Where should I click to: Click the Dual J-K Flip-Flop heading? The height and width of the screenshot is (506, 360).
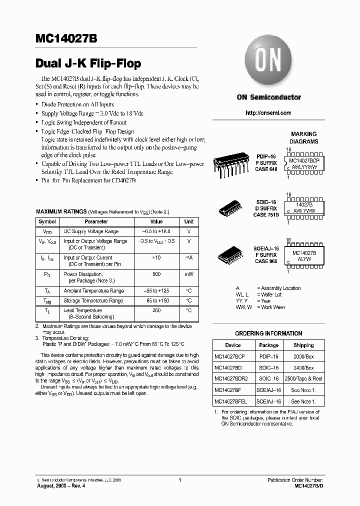tap(88, 63)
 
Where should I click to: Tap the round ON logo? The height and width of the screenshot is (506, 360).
tap(268, 61)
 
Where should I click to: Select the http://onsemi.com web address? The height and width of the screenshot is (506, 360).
tap(268, 113)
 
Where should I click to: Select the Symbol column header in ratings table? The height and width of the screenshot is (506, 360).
tap(47, 221)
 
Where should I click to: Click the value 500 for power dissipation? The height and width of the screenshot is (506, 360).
tap(156, 274)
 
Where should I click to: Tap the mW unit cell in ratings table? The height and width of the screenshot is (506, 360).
tap(189, 274)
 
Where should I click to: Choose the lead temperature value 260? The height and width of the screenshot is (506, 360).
tap(156, 310)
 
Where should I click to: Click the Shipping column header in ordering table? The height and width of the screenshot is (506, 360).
tap(303, 345)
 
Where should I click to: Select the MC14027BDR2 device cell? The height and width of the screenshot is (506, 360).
tap(233, 379)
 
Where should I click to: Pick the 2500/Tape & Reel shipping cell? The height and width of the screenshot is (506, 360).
tap(303, 379)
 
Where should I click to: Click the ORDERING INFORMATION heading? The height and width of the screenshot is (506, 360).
tap(268, 333)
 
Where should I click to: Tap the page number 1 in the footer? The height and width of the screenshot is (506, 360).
tap(179, 480)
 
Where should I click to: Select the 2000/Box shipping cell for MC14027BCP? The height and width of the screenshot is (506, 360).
tap(303, 356)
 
